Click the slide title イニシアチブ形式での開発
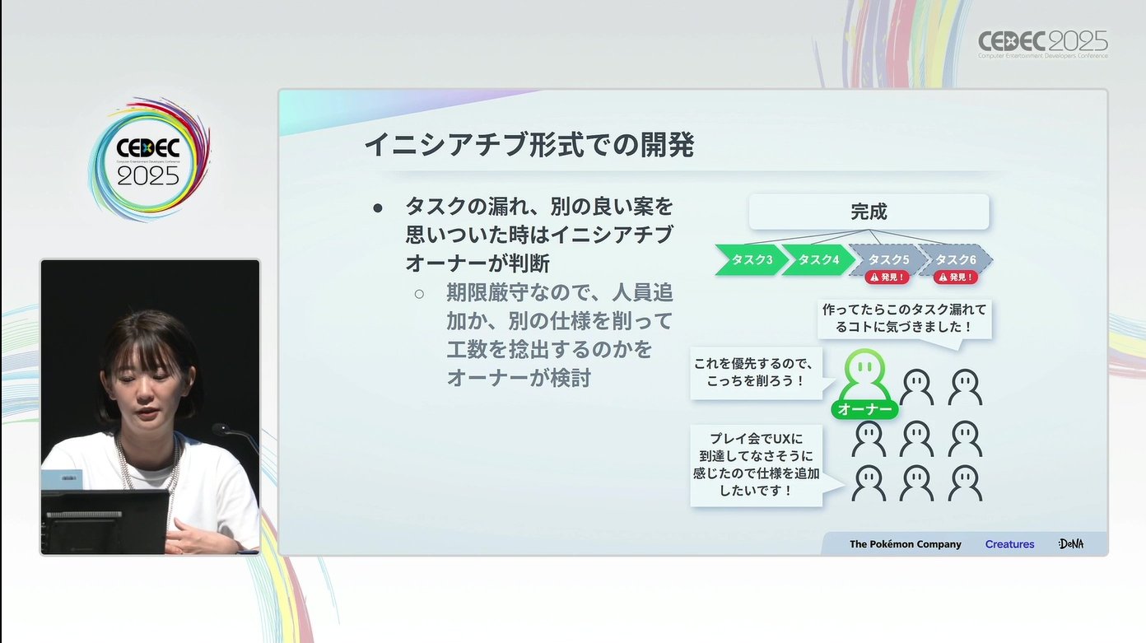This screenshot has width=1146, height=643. point(529,144)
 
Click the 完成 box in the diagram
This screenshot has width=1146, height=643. point(869,212)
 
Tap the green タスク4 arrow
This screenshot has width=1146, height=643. point(818,260)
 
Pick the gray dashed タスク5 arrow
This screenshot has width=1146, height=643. point(887,259)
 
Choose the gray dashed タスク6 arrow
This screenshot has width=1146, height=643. point(955,259)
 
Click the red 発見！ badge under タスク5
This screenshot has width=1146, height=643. point(887,277)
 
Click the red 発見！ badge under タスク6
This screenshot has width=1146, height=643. point(955,277)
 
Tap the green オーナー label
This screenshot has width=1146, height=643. point(864,409)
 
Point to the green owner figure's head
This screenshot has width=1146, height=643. point(864,366)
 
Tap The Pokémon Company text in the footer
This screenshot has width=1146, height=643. point(905,544)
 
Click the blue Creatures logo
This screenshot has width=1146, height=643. point(1009,544)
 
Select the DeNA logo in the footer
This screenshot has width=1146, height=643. point(1071,543)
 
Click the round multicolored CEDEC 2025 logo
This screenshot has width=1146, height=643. point(149,160)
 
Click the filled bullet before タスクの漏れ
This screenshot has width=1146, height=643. point(378,207)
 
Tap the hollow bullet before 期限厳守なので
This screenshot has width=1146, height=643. point(419,294)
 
